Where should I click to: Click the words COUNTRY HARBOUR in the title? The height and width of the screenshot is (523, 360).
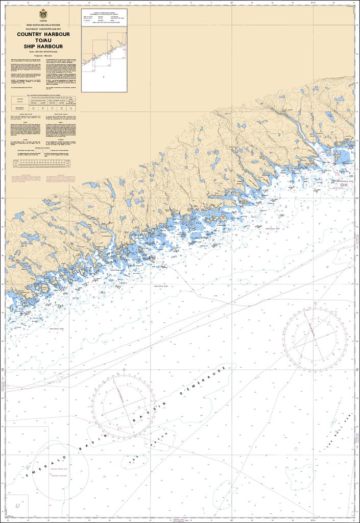43,35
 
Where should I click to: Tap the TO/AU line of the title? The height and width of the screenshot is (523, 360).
43,40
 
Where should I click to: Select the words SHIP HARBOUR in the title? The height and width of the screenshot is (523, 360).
43,46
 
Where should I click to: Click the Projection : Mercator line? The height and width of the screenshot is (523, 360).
43,55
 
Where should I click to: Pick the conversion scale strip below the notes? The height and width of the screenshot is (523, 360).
42,163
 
